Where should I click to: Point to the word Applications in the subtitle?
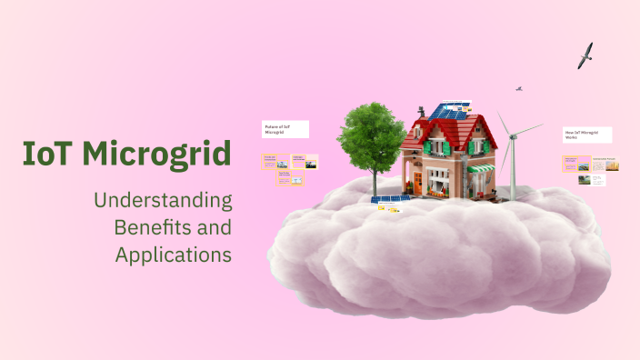[173, 255]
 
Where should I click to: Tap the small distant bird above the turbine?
[519, 89]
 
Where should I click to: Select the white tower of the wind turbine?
[513, 173]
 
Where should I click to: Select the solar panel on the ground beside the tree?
[390, 200]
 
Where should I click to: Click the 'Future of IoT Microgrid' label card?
[285, 129]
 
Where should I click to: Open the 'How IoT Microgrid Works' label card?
[587, 135]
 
